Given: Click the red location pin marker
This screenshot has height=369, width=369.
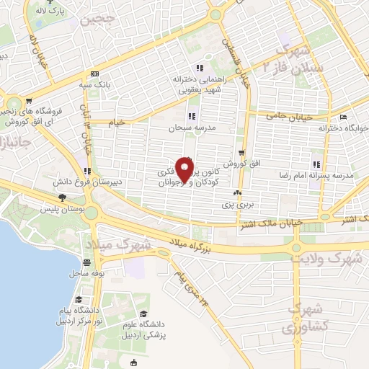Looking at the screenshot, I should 186,171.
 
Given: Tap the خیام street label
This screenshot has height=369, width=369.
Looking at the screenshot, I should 115,122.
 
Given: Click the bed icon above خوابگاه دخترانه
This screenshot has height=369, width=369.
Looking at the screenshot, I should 344,116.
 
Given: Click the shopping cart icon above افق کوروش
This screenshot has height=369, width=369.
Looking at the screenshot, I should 241,153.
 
